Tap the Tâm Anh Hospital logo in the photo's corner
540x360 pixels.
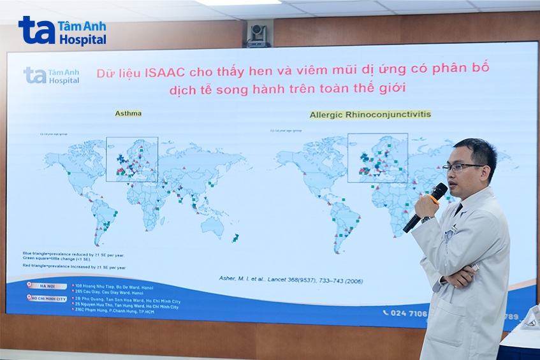(62, 31)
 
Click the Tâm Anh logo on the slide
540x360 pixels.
(52, 75)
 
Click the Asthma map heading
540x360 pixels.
(128, 113)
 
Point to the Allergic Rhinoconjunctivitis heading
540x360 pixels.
(370, 115)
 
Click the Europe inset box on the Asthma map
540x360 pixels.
(132, 159)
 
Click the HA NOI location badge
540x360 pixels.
(46, 287)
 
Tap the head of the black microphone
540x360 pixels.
(438, 191)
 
